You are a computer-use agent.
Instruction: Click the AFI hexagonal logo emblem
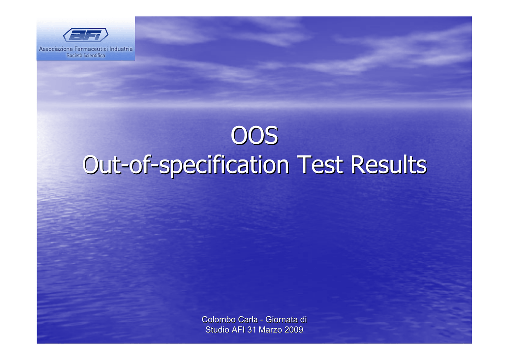pos(85,35)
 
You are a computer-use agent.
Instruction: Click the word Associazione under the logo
pos(56,49)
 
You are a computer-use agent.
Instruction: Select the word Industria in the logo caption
pos(121,49)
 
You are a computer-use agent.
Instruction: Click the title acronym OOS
pos(254,135)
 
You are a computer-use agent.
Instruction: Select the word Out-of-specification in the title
pos(186,165)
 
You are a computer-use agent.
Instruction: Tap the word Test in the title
pos(320,164)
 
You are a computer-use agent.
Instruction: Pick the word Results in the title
pos(389,164)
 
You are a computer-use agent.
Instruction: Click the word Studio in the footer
pos(217,330)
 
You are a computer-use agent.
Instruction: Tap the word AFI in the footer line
pos(238,330)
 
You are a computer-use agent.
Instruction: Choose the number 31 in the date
pos(252,330)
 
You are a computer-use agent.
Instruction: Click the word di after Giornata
pos(303,319)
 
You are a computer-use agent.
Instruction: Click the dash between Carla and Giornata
pos(261,320)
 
